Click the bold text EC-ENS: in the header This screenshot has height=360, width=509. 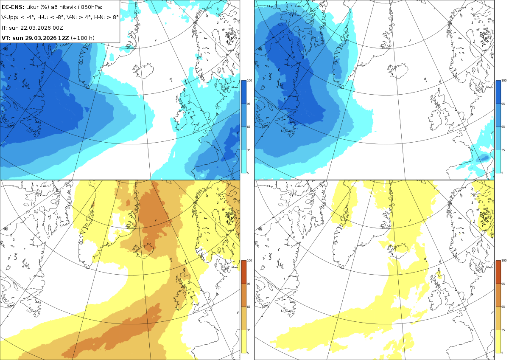[13, 7]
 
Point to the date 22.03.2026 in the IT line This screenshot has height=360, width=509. [35, 28]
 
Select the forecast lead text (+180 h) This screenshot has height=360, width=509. [83, 38]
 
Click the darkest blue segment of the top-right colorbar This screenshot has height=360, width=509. [498, 92]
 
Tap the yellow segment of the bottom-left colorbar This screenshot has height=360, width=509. [243, 341]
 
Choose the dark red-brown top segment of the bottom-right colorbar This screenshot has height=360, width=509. [498, 272]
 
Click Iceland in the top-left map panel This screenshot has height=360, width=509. [144, 69]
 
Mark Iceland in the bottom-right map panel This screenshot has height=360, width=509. [398, 250]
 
